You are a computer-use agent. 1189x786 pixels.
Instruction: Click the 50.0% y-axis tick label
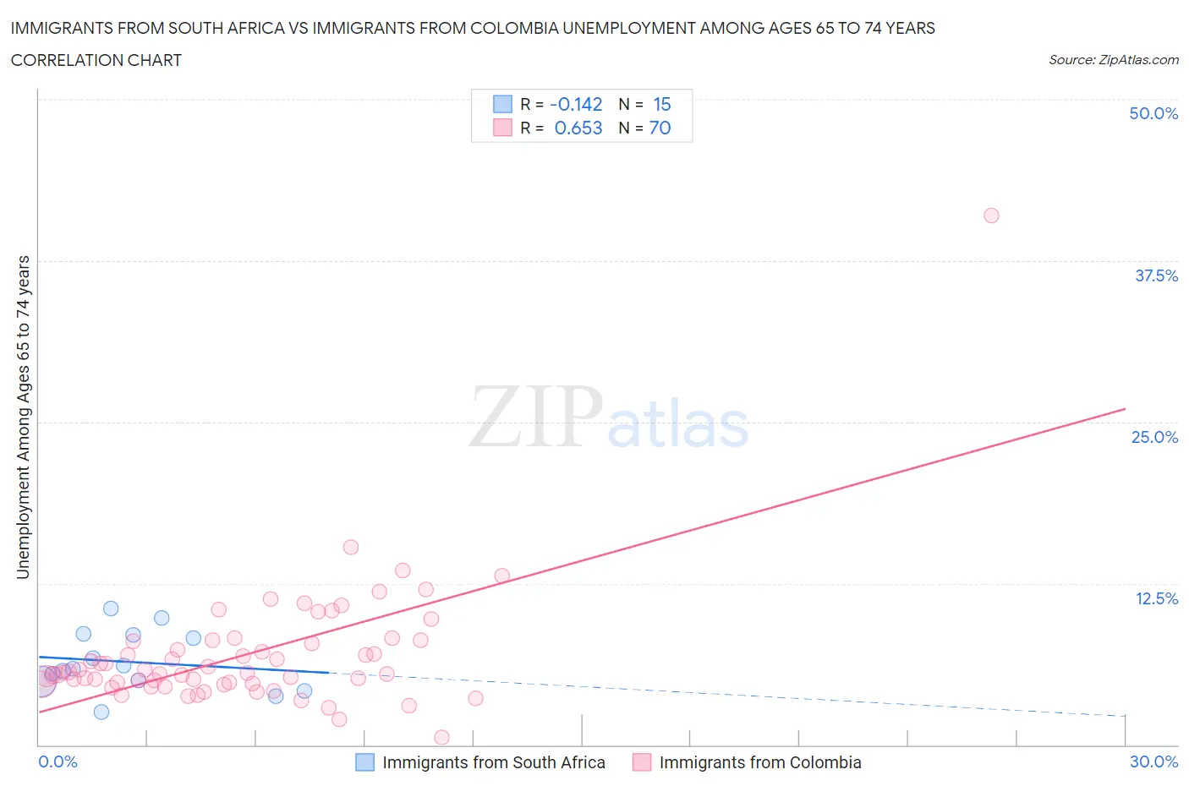pos(1153,113)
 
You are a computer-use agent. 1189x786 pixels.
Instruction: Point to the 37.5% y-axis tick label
pos(1156,276)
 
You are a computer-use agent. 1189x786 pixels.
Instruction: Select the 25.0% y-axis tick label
pos(1154,437)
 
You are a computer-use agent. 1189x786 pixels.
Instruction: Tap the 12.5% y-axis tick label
pos(1156,598)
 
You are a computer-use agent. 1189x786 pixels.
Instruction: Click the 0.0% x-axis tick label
pos(58,761)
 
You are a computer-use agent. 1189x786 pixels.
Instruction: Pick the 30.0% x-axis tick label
pos(1153,761)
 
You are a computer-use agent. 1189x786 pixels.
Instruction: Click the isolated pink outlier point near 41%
pos(991,216)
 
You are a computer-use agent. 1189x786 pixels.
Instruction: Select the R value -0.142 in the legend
pos(576,104)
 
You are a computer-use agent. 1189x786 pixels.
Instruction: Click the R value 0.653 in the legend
pos(578,128)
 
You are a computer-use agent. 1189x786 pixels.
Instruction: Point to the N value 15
pos(661,104)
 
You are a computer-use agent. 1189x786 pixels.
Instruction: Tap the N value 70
pos(660,128)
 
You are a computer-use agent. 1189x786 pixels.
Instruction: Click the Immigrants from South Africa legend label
pos(493,762)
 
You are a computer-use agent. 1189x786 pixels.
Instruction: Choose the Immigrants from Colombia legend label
pos(759,762)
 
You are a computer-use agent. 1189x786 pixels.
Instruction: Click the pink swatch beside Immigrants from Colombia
pos(642,762)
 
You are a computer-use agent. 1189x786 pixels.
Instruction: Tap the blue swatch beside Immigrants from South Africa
pos(364,762)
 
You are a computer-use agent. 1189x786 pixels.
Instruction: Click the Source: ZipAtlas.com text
pos(1113,59)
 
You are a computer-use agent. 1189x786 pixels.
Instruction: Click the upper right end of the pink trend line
pos(1125,409)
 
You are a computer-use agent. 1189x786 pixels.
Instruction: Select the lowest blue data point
pos(101,712)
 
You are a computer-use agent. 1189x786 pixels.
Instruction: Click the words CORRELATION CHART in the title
pos(96,60)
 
